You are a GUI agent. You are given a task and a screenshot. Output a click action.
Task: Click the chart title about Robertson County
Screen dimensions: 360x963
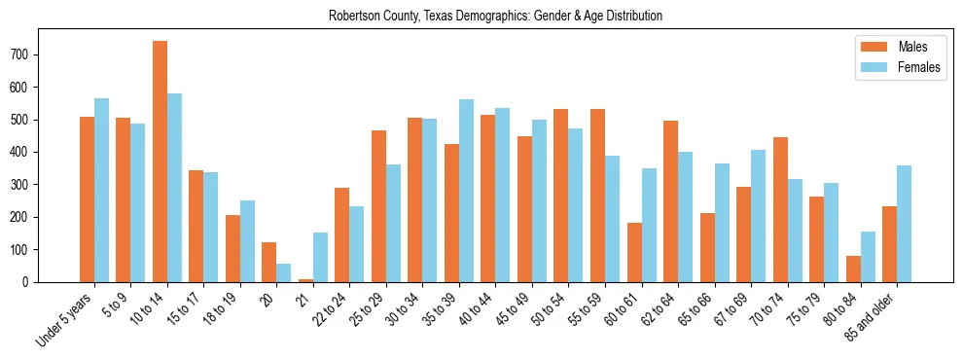(495, 16)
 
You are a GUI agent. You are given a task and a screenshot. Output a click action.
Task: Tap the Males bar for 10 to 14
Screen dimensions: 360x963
(160, 162)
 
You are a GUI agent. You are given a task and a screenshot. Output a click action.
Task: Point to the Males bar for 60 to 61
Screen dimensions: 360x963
(634, 252)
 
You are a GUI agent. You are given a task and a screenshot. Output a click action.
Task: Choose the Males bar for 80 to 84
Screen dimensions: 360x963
(853, 269)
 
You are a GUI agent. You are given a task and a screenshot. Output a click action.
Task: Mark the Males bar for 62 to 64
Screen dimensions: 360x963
(670, 201)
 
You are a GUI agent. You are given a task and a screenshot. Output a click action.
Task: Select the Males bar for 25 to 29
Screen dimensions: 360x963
(378, 206)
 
